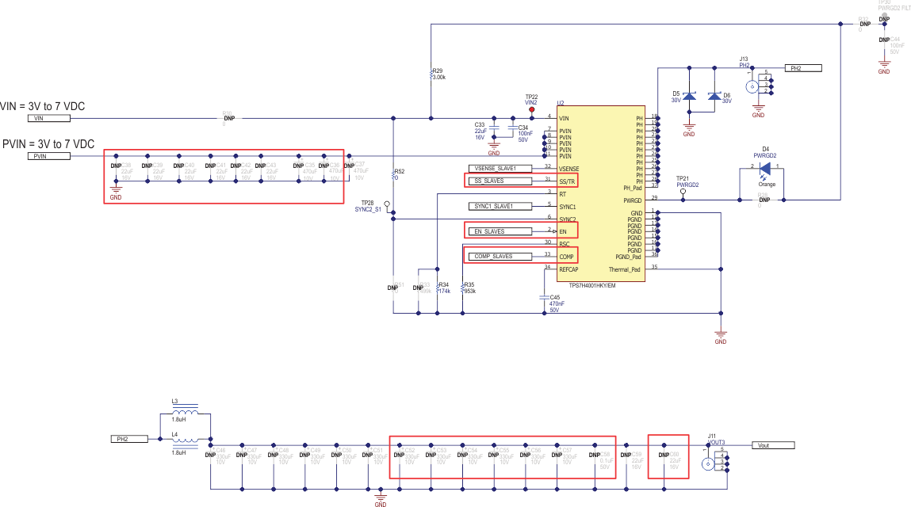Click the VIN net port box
(x=48, y=118)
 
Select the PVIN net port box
(x=48, y=156)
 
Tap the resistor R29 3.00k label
(x=438, y=74)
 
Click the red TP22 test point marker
(x=531, y=110)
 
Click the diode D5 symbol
(x=689, y=97)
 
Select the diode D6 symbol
(x=714, y=97)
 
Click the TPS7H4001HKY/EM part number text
(x=587, y=285)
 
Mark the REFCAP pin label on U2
(x=568, y=269)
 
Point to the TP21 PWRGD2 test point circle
(x=683, y=191)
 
